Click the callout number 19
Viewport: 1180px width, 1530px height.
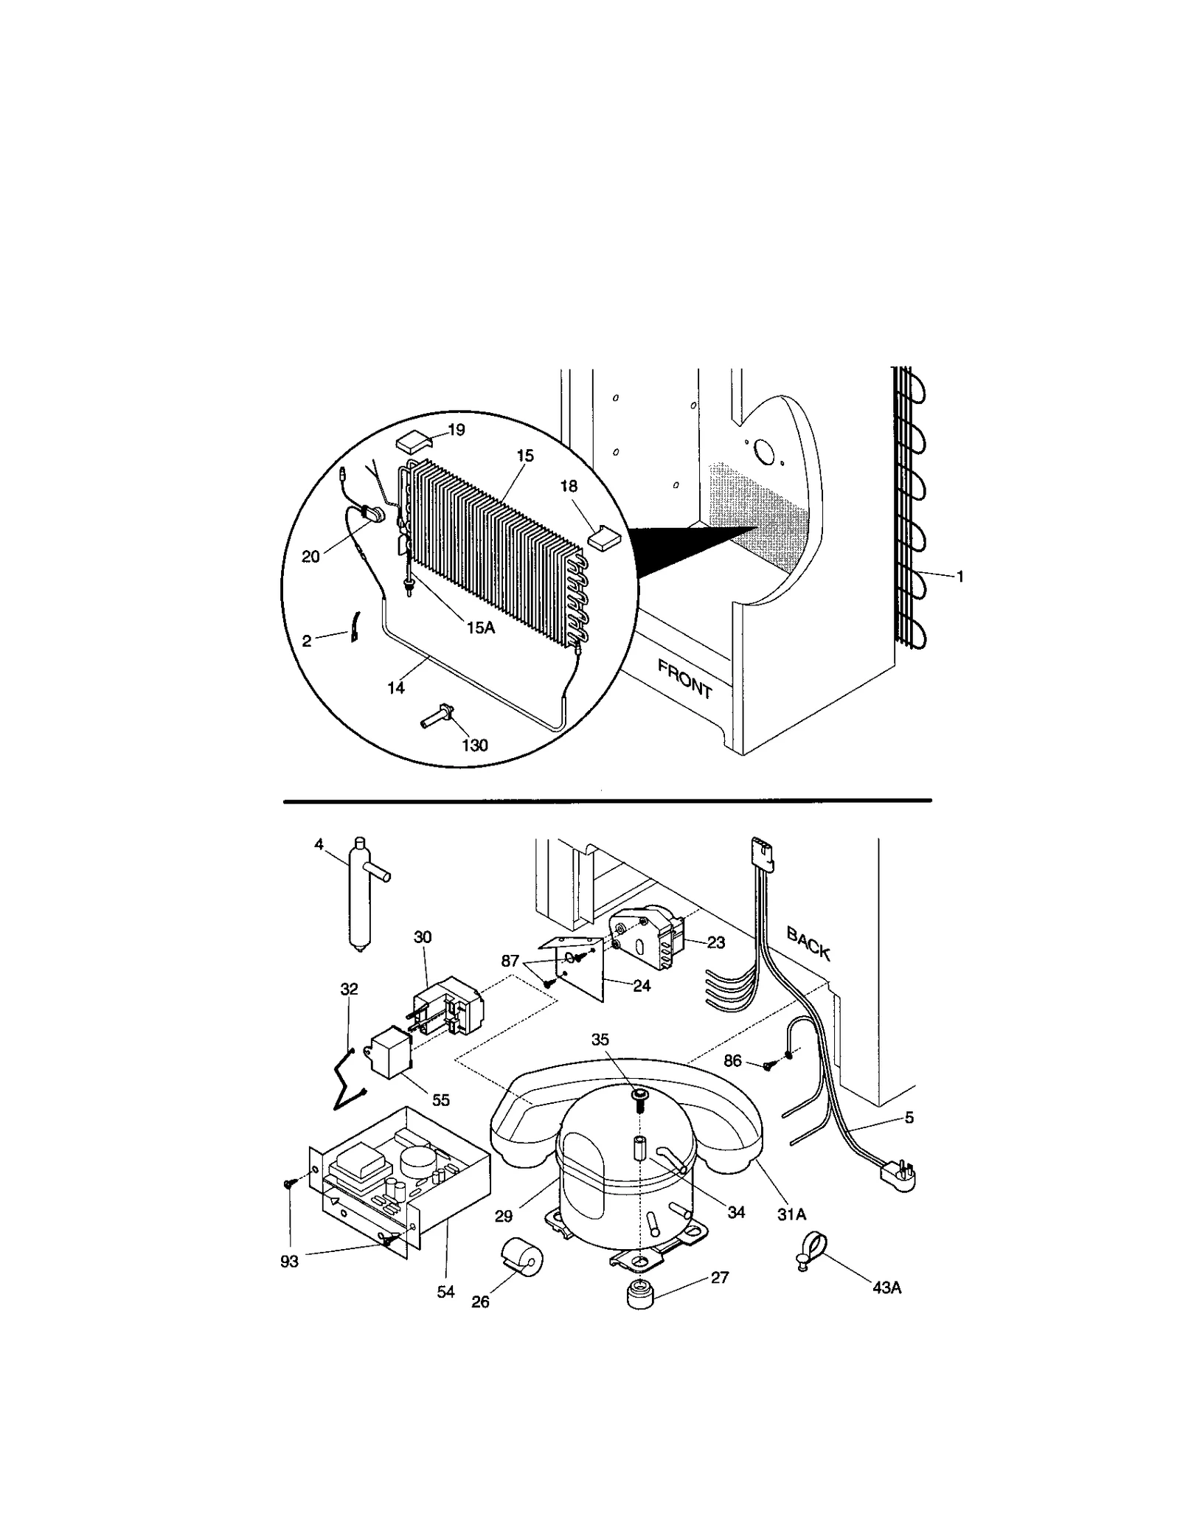(x=457, y=430)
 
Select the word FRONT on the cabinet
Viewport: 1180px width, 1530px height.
(x=684, y=679)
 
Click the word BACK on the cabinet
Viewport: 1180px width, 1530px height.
(x=808, y=944)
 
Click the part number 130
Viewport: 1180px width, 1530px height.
(x=474, y=745)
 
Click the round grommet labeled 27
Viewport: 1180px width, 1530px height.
(x=640, y=1296)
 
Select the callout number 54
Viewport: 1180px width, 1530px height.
(x=445, y=1291)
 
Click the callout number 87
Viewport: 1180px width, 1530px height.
(x=510, y=961)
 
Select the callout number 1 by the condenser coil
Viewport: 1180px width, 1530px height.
(x=959, y=577)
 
